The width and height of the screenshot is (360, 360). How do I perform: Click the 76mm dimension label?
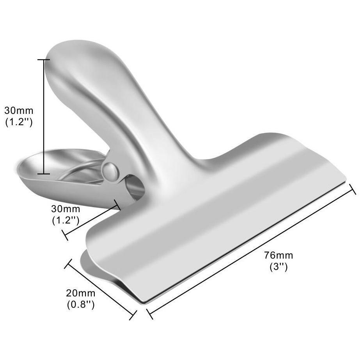point(278,255)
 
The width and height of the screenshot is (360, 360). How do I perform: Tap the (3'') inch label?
point(278,267)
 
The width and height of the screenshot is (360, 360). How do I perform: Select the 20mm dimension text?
point(81,293)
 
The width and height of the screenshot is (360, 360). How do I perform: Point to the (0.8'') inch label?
point(81,305)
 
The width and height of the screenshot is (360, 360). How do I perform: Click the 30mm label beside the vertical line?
point(19,111)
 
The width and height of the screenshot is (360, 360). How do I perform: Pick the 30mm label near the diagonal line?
point(66,209)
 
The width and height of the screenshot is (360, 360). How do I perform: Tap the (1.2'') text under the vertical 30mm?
point(19,122)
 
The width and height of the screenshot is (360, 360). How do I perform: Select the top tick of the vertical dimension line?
point(44,60)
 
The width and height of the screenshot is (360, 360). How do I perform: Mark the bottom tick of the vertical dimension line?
point(44,174)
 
